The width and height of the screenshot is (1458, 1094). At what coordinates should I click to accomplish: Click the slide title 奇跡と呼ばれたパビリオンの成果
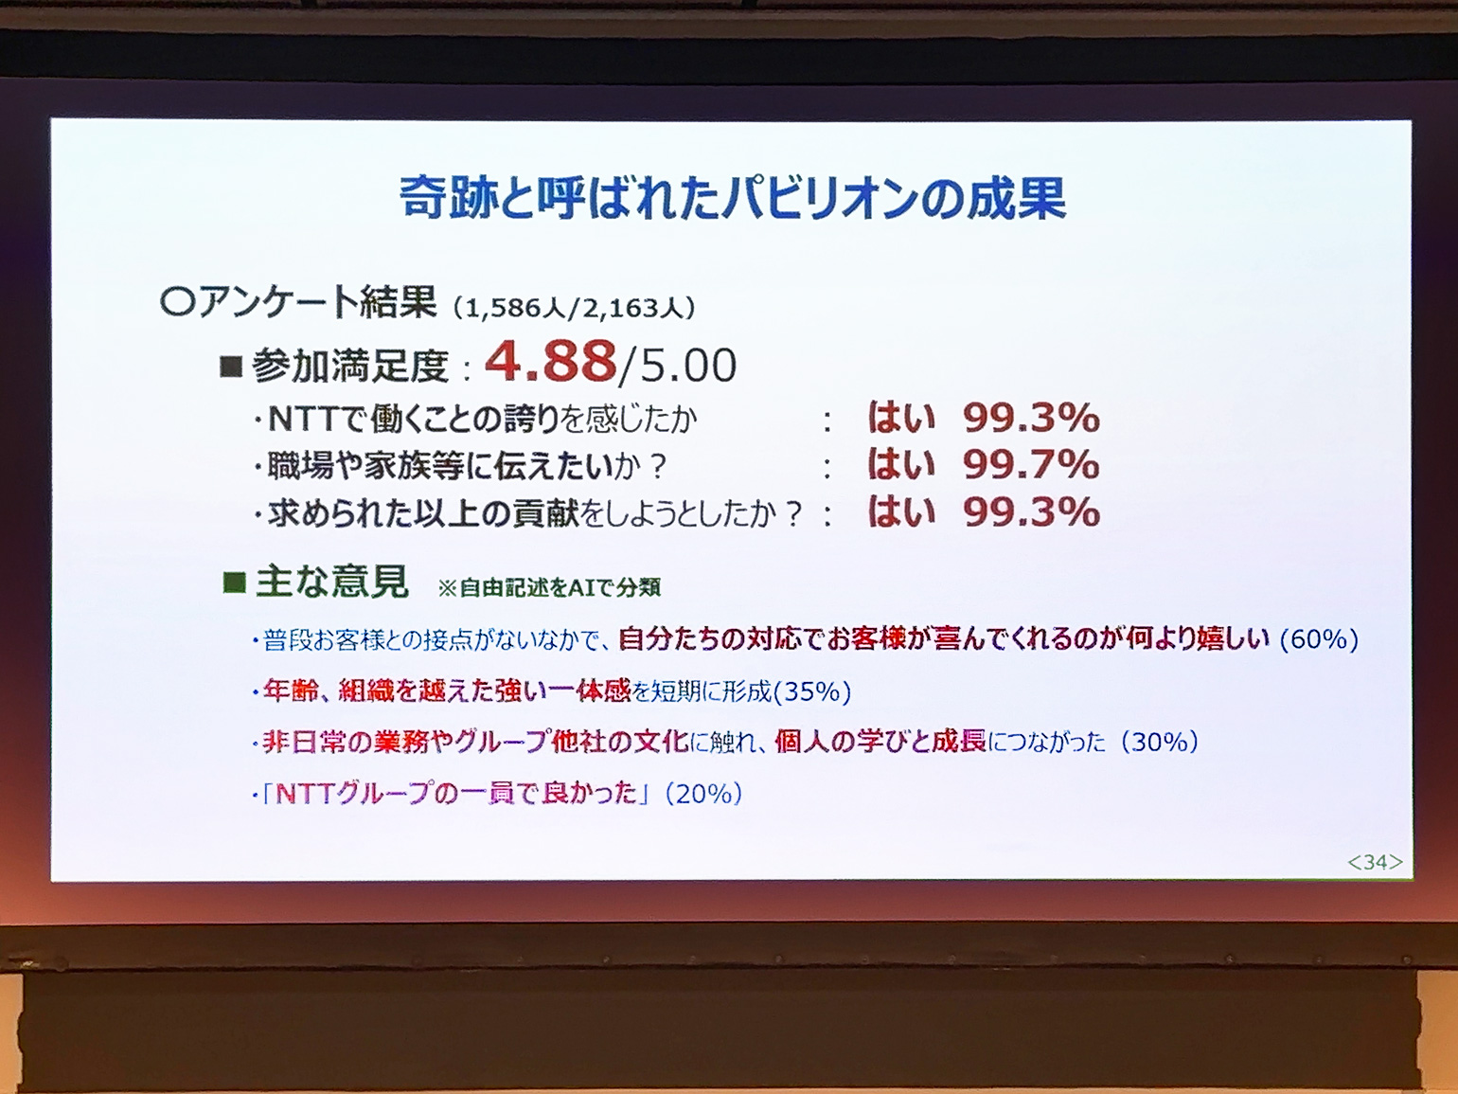[733, 198]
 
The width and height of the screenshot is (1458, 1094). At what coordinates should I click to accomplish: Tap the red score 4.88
[551, 363]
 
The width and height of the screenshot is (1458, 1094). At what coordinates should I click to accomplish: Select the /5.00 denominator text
[676, 365]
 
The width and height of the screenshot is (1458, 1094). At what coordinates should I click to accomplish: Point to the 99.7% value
[1031, 463]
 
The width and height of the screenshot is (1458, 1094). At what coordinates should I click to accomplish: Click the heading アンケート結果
[317, 303]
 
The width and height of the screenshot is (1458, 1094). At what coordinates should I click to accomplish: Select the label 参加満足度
[350, 366]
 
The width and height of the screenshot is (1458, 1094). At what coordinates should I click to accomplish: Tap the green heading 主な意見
[331, 582]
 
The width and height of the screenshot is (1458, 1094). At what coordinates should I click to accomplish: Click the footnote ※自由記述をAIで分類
[549, 588]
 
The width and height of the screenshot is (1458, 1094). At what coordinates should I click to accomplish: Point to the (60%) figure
[1319, 639]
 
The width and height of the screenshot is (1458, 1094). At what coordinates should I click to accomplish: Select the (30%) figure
[1160, 742]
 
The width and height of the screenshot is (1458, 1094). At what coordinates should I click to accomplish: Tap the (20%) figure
[703, 794]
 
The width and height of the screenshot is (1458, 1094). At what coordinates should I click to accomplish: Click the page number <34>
[1375, 862]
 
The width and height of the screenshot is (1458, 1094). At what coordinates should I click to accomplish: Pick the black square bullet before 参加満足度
[231, 367]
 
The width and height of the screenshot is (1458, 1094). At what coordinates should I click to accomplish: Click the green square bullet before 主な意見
[235, 583]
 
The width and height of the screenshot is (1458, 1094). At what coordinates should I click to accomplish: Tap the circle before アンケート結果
[178, 304]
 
